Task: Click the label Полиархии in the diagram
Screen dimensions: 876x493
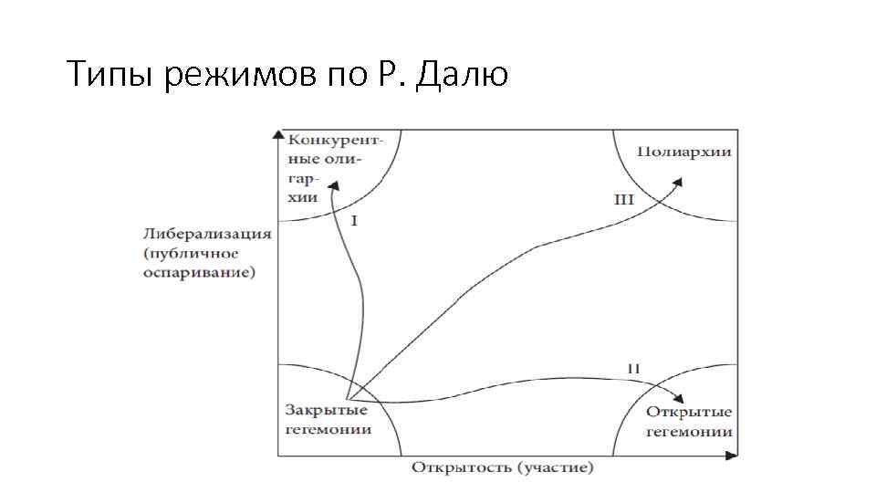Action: [684, 152]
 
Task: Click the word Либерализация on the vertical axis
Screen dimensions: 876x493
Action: [206, 233]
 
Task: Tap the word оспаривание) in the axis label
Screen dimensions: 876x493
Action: [199, 273]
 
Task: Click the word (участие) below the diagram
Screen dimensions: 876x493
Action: [555, 468]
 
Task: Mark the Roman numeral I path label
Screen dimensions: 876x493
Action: [354, 221]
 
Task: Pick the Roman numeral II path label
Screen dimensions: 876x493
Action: [633, 368]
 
